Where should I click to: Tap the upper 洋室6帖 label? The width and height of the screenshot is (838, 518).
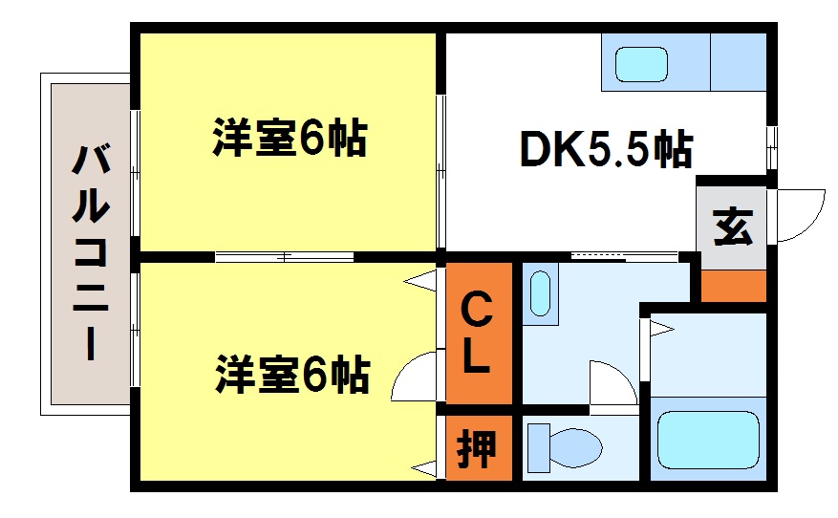tap(290, 137)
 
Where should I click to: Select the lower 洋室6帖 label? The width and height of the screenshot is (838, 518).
tap(292, 374)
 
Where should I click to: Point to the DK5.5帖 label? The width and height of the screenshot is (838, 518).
tap(607, 149)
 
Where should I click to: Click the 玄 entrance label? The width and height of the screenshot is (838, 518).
tap(733, 227)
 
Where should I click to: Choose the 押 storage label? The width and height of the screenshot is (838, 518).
tap(476, 448)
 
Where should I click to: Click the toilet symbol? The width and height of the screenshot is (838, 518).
tap(565, 447)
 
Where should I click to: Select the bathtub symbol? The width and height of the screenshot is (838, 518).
tap(708, 440)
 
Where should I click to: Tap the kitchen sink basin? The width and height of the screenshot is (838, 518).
tap(641, 65)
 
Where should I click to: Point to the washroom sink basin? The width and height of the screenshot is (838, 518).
tap(540, 293)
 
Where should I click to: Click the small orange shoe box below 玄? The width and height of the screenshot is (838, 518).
tap(733, 286)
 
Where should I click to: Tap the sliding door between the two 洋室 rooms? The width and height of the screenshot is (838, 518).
tap(285, 257)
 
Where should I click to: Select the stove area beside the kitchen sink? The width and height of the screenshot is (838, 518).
tap(738, 62)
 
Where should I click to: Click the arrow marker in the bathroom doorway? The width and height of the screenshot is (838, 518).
tap(661, 328)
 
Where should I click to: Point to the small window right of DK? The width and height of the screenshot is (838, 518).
tap(771, 147)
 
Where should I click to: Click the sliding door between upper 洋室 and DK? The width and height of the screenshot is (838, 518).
tap(440, 171)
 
